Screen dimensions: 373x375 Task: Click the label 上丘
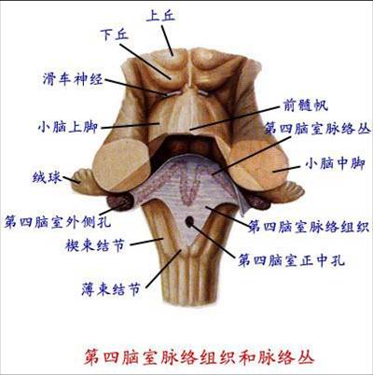tap(160, 16)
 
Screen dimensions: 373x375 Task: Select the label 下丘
tap(115, 35)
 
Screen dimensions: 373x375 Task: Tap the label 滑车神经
tap(73, 79)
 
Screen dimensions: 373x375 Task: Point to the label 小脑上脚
tap(68, 127)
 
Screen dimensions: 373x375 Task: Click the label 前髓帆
tap(306, 105)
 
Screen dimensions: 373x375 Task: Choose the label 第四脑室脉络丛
tap(317, 129)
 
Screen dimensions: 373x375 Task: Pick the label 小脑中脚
tap(335, 163)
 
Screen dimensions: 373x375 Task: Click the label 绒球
tap(47, 177)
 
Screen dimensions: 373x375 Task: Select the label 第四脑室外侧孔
tap(57, 222)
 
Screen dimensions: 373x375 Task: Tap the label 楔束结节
tap(95, 245)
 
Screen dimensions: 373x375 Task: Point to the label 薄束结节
tap(111, 289)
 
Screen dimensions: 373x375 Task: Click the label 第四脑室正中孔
tap(291, 260)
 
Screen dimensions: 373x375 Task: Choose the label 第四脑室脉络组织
tap(309, 227)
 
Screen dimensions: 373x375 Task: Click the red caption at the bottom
tap(199, 357)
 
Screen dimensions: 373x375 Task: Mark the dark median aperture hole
tap(189, 221)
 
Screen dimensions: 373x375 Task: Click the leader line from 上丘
tap(167, 40)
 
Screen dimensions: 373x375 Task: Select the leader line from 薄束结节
tap(163, 269)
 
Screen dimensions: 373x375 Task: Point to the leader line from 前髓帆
tap(235, 118)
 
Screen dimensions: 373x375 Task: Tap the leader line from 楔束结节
tap(146, 242)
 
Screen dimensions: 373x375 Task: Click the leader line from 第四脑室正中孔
tap(213, 240)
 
